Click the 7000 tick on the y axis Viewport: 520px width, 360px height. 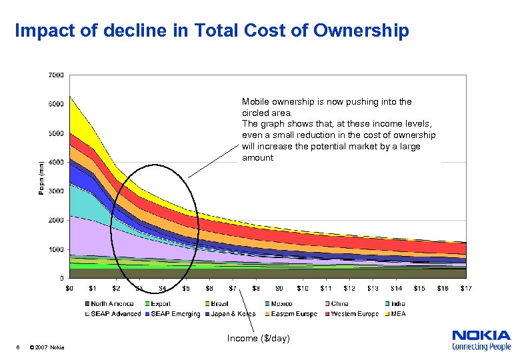56,75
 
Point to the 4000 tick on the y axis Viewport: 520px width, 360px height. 56,162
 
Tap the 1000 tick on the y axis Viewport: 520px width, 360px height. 56,249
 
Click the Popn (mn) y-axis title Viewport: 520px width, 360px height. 41,177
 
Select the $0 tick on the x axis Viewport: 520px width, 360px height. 69,288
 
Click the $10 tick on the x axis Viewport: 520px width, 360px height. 303,288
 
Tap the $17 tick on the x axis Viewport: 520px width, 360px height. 466,288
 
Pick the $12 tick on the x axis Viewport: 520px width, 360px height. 349,288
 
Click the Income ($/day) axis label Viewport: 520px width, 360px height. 258,339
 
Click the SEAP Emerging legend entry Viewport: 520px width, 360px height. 175,313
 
